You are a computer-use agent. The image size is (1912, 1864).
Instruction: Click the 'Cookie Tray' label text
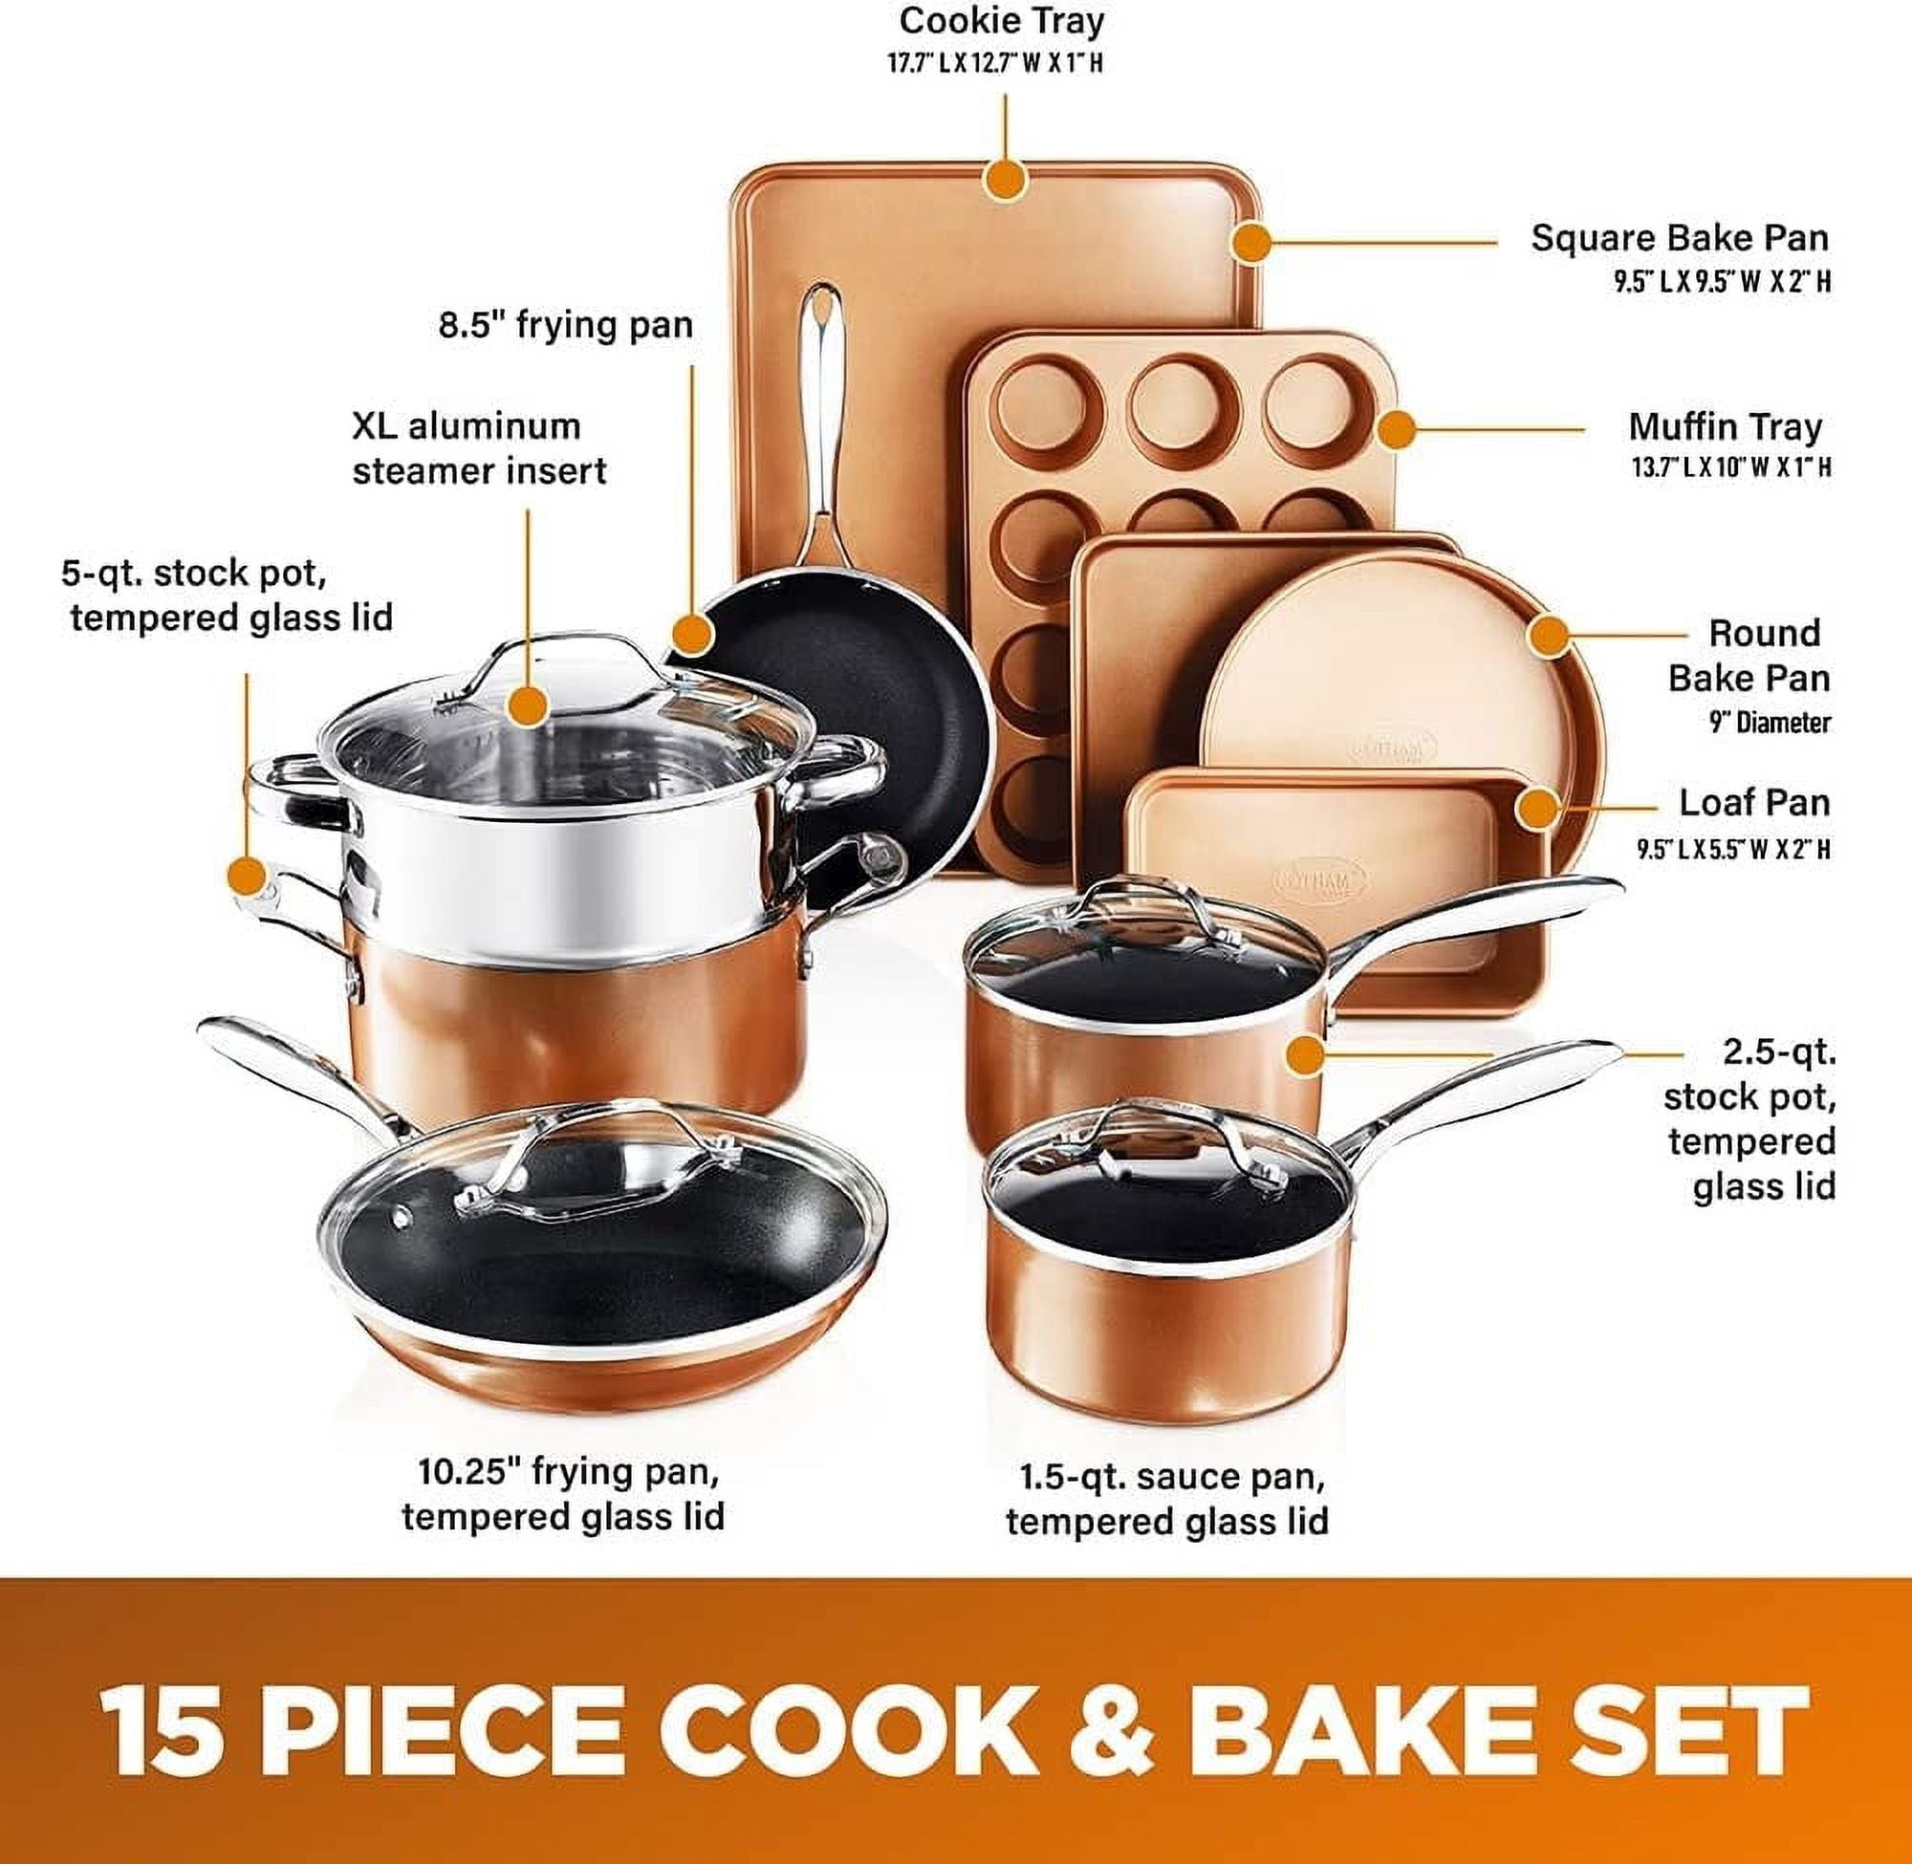pyautogui.click(x=1002, y=22)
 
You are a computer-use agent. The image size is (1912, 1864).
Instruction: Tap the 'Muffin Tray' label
pyautogui.click(x=1724, y=427)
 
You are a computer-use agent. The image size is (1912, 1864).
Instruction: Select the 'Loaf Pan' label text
pyautogui.click(x=1754, y=802)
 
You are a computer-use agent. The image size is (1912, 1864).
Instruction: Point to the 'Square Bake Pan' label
pyautogui.click(x=1680, y=238)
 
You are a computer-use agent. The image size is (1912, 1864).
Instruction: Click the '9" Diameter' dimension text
pyautogui.click(x=1771, y=723)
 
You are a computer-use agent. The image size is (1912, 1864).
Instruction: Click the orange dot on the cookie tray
pyautogui.click(x=1005, y=180)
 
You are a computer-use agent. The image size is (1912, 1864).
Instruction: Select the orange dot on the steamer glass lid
pyautogui.click(x=529, y=704)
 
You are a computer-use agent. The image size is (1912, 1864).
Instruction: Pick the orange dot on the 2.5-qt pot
pyautogui.click(x=1305, y=1055)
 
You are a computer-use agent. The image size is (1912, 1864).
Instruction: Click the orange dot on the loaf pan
pyautogui.click(x=1538, y=809)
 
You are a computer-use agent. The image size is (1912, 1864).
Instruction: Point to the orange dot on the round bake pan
pyautogui.click(x=1548, y=636)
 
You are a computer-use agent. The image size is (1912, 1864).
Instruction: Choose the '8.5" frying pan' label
pyautogui.click(x=566, y=325)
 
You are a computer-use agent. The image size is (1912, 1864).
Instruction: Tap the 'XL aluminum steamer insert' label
pyautogui.click(x=480, y=448)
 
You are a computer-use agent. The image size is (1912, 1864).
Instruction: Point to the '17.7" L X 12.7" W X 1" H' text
pyautogui.click(x=994, y=64)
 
